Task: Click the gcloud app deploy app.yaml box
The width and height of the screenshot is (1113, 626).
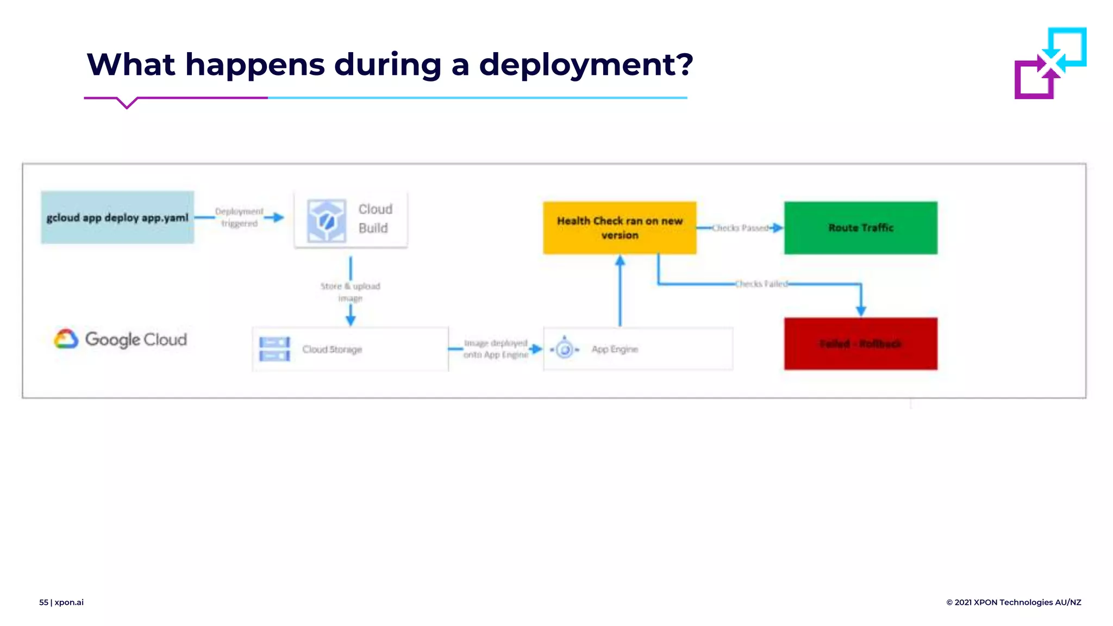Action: point(117,217)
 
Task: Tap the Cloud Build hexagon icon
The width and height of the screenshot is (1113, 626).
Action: point(326,220)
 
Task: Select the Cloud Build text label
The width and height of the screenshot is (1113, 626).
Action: point(375,218)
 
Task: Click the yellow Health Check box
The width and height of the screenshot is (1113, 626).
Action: point(620,228)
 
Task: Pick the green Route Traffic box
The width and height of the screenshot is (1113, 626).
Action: point(860,228)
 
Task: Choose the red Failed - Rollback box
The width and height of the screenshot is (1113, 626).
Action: point(860,343)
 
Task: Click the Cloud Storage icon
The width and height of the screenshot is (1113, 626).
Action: point(274,349)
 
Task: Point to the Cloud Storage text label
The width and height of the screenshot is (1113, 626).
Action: point(332,349)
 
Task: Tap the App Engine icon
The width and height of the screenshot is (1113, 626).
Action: point(565,349)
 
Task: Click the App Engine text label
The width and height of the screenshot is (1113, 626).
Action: point(615,349)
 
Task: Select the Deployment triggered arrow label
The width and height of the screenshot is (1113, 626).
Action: point(239,217)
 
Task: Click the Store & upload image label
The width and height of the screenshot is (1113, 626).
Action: point(350,292)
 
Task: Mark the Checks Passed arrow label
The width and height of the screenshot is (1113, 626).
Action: point(740,228)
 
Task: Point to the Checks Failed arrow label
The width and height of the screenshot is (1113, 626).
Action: point(761,284)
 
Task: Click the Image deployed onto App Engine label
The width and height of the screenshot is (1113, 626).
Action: point(496,349)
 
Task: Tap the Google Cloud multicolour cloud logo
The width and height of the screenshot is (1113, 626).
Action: point(66,339)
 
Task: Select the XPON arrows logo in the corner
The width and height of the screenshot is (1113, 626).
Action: point(1050,63)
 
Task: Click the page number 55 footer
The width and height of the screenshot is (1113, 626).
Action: point(43,602)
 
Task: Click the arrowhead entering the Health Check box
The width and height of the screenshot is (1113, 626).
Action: point(620,261)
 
